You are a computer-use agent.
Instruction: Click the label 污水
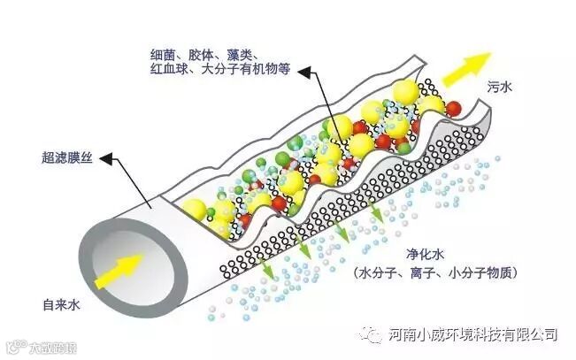click(501, 87)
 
